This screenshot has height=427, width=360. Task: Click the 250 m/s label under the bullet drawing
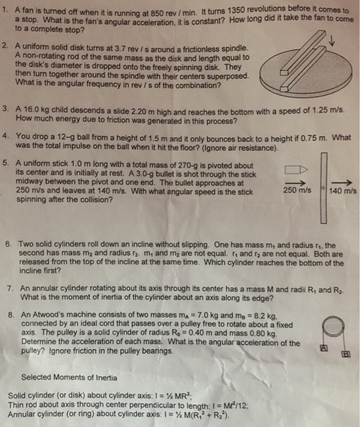coord(297,191)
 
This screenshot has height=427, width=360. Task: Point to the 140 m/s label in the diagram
coord(342,191)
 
